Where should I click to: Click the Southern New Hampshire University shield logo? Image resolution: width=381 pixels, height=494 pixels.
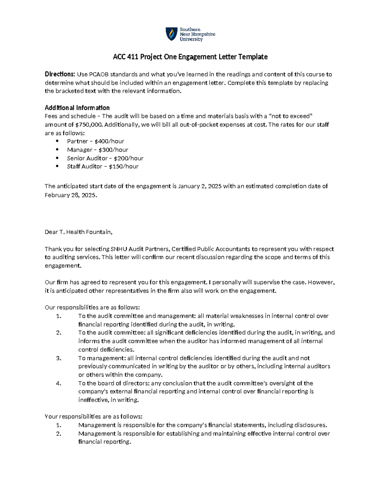(171, 34)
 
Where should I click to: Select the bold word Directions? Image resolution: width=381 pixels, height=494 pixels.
(60, 74)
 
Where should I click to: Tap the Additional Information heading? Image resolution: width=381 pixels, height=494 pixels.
(77, 108)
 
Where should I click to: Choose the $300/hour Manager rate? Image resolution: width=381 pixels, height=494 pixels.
(113, 150)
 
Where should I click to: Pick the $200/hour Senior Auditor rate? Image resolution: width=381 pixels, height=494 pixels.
(129, 158)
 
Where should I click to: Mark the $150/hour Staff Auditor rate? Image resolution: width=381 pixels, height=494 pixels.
(124, 166)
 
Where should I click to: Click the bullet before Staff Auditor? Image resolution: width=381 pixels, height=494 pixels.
(57, 166)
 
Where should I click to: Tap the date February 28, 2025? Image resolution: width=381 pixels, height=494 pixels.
(70, 195)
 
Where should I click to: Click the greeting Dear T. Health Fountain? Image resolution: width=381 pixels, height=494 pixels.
(78, 232)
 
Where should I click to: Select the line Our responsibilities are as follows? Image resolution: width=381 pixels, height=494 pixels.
(92, 308)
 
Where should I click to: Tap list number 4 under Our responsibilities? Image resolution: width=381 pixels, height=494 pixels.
(58, 383)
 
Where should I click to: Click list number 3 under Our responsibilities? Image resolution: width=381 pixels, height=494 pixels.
(58, 358)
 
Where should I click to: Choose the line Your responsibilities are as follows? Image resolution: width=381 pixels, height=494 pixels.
(94, 417)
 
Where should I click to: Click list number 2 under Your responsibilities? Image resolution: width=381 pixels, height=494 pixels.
(58, 434)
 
